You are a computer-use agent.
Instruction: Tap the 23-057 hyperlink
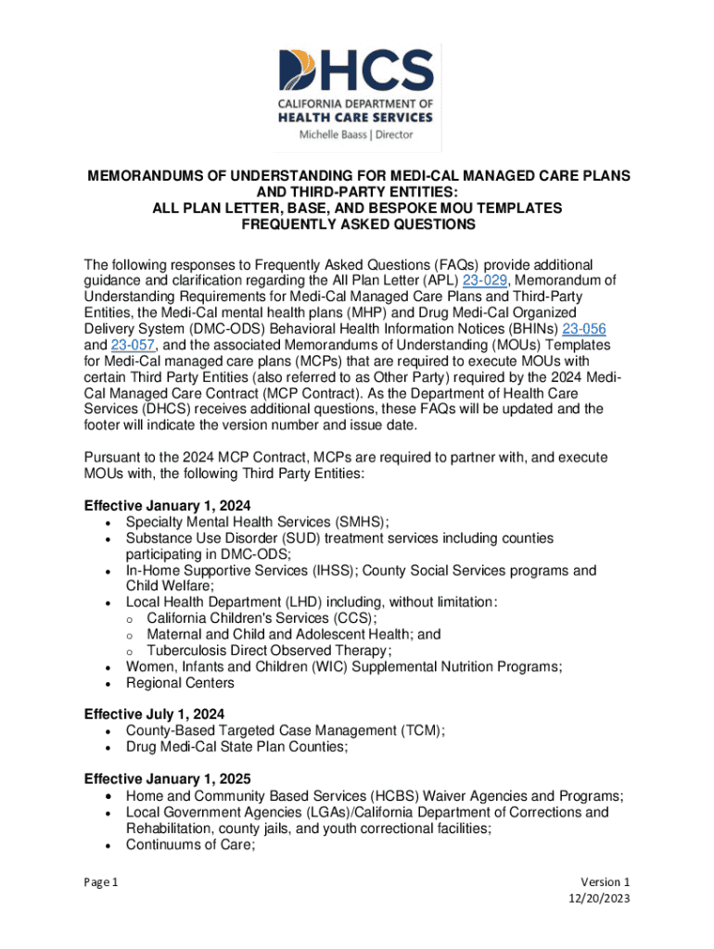click(133, 345)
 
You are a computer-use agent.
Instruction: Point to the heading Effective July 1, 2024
click(155, 714)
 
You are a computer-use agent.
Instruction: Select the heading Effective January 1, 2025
click(167, 778)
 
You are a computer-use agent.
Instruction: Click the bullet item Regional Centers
click(181, 683)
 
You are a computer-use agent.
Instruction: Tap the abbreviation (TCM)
click(419, 730)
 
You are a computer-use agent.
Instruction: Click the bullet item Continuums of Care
click(188, 844)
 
